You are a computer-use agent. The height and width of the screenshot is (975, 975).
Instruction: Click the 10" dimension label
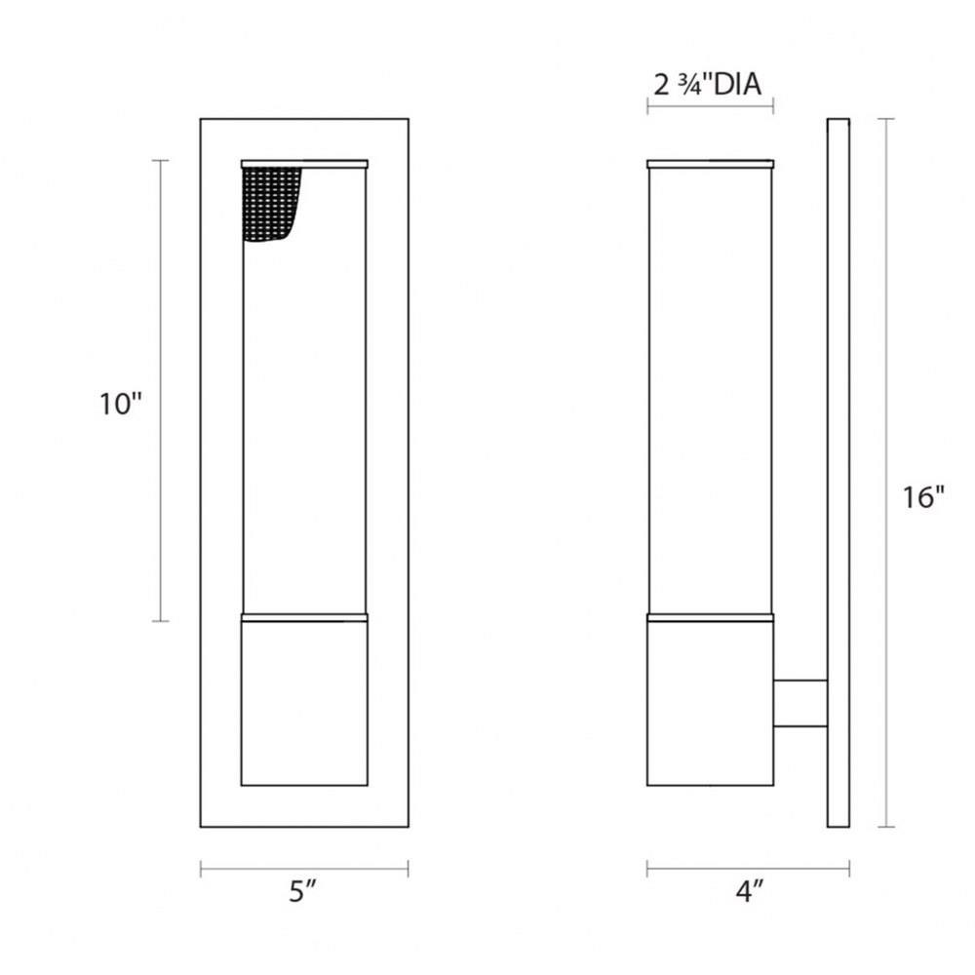121,405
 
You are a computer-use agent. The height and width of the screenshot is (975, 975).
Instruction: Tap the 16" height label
923,497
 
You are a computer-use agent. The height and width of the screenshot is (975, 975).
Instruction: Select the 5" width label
303,892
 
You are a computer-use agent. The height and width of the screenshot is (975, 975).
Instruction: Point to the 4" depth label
749,892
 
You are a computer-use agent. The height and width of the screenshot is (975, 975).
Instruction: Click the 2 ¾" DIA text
708,85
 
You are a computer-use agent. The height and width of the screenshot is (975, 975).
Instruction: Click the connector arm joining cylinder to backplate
800,703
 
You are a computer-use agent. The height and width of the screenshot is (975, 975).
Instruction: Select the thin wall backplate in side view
838,473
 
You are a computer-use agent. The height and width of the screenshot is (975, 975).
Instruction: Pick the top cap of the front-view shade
304,164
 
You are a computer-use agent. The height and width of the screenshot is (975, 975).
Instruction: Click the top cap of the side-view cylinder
710,164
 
